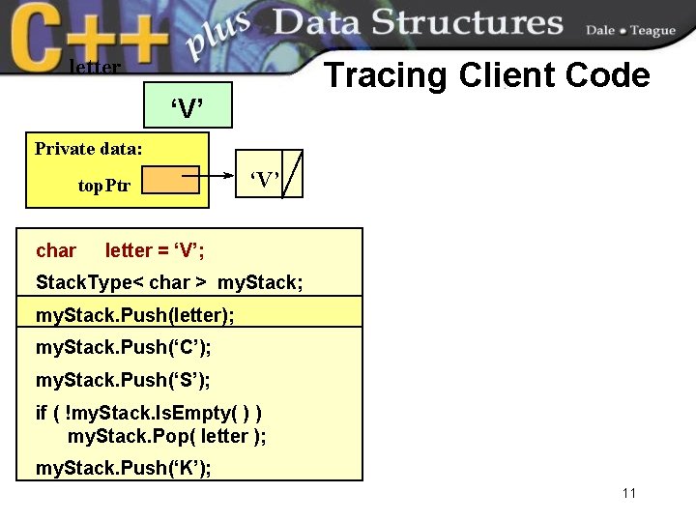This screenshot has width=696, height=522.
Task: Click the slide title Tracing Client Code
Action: click(486, 74)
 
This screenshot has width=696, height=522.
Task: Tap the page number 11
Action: click(629, 494)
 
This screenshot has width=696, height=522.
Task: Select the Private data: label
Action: click(89, 149)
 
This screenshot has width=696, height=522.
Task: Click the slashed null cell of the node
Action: click(292, 174)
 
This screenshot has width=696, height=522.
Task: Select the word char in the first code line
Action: click(56, 251)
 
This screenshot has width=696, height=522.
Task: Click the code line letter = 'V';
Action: click(155, 251)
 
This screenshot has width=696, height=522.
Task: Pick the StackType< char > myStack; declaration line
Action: click(169, 283)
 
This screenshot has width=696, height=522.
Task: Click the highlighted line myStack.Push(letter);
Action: click(134, 315)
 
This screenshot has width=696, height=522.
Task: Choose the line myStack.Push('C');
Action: click(123, 347)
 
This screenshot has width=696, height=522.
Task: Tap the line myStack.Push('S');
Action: click(123, 379)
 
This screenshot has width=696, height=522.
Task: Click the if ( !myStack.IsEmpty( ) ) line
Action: click(148, 413)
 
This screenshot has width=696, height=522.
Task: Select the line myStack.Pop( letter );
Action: click(166, 436)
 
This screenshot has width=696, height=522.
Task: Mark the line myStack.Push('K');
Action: click(124, 469)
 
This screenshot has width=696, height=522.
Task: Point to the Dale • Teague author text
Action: click(630, 31)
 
